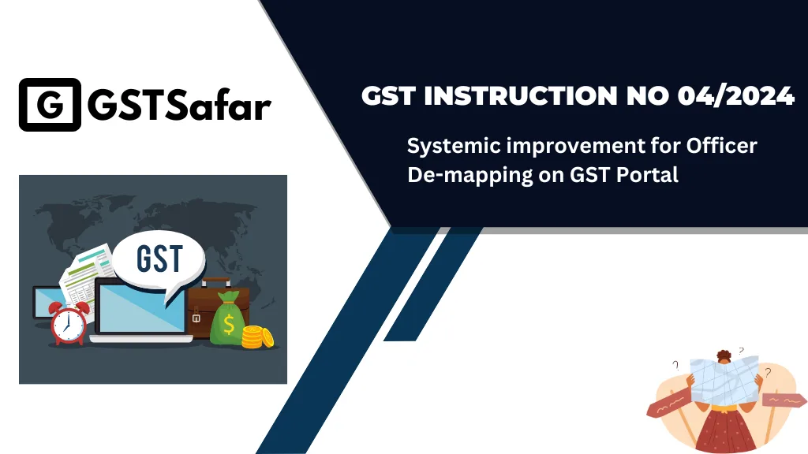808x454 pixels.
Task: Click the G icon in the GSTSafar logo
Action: tap(49, 104)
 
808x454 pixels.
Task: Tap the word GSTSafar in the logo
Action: tap(181, 105)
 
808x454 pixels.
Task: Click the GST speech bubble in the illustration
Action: tap(159, 259)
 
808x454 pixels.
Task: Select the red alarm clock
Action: tap(69, 322)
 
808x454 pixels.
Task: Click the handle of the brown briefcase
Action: tap(215, 281)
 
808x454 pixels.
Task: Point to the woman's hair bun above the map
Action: tap(724, 354)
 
